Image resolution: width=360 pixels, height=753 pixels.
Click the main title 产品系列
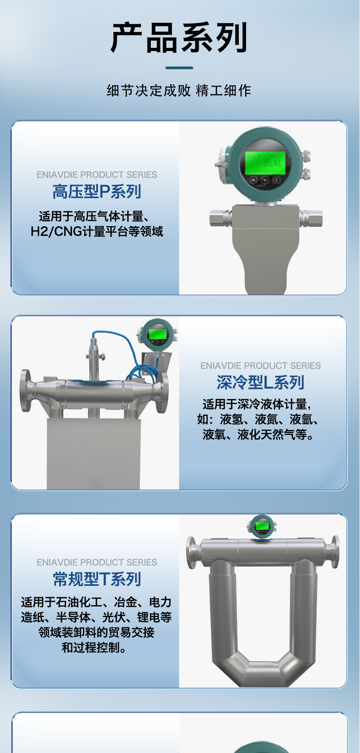[180, 38]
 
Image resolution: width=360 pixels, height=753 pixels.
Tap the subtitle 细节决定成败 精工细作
[179, 91]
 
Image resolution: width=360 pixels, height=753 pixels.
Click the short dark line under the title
[179, 68]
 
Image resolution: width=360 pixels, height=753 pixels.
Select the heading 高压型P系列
[97, 192]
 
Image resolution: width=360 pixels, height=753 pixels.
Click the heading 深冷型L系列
[260, 383]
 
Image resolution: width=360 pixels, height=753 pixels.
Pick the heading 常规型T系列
[97, 579]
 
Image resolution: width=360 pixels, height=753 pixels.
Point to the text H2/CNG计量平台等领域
[97, 232]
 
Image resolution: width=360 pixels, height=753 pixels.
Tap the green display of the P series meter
[266, 163]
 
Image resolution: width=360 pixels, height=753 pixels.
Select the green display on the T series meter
[262, 526]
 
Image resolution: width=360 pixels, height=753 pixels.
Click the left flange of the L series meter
[26, 391]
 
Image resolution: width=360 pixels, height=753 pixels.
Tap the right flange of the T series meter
[335, 552]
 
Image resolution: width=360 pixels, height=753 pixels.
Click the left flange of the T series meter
[191, 553]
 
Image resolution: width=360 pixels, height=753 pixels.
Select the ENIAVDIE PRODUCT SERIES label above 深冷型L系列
[260, 366]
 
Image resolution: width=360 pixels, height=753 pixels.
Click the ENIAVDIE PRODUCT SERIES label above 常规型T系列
[97, 563]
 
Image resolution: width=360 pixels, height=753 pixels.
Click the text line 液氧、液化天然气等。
[258, 435]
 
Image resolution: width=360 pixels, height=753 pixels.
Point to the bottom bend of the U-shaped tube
[262, 672]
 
